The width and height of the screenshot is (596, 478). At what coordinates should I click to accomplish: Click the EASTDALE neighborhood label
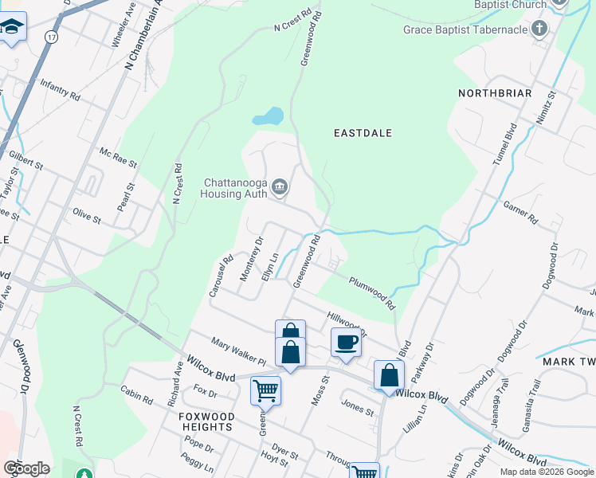[363, 133]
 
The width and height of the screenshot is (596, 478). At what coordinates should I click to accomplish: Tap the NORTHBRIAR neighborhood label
[495, 93]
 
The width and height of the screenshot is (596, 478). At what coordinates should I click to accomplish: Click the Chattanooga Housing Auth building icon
[280, 187]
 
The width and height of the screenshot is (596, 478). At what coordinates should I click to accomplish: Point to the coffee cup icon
[346, 342]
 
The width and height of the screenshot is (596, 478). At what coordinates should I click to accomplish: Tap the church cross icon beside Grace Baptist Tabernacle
[539, 30]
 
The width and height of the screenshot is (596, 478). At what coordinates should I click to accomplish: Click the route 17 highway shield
[52, 37]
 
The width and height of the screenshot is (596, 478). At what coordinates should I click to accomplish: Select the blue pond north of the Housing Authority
[269, 117]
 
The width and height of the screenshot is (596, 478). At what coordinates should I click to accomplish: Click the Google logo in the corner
[26, 468]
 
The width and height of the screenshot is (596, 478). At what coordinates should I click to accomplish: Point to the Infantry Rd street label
[60, 89]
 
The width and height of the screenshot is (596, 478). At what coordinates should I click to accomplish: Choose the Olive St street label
[87, 217]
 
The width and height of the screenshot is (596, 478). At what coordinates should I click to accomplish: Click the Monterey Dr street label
[252, 258]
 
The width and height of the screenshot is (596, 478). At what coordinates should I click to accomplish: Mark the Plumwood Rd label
[371, 292]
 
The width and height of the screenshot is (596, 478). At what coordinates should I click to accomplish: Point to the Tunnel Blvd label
[504, 143]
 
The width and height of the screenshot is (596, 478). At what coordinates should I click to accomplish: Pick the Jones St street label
[357, 406]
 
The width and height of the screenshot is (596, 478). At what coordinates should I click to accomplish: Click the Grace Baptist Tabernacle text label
[466, 30]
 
